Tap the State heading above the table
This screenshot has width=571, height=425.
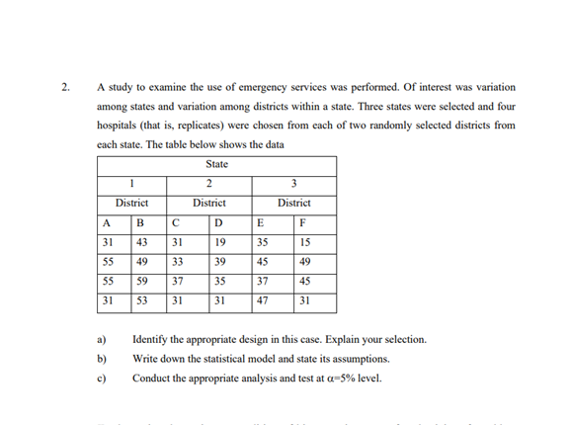pos(217,163)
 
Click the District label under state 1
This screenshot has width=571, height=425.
pos(132,202)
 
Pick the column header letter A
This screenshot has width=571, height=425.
pos(107,221)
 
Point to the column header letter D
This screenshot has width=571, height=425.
pos(217,221)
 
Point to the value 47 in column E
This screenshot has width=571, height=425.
pos(262,300)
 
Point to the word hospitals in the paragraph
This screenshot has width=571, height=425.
pos(119,126)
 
